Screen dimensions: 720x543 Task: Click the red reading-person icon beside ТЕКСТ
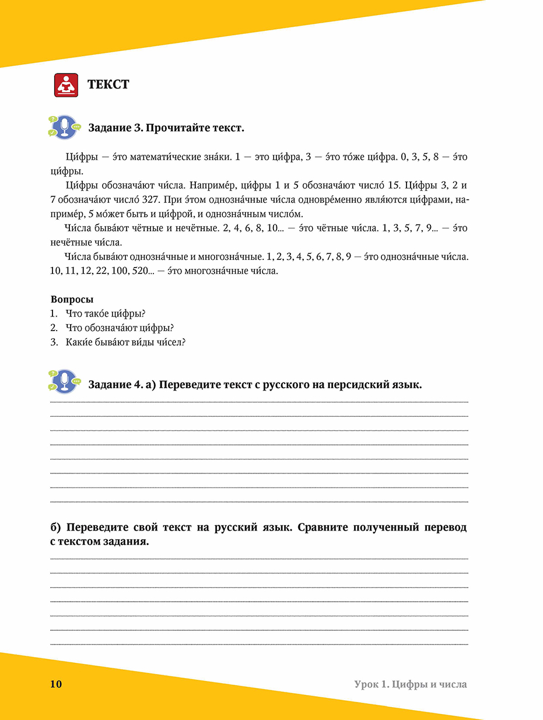tap(66, 85)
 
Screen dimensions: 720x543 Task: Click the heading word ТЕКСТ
tap(108, 85)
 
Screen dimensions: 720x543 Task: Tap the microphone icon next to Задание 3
tap(65, 127)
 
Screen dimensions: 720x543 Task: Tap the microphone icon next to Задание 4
tap(65, 381)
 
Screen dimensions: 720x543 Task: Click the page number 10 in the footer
tap(56, 684)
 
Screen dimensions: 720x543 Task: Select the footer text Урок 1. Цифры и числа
tap(410, 684)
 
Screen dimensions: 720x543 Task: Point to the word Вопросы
tap(72, 300)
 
